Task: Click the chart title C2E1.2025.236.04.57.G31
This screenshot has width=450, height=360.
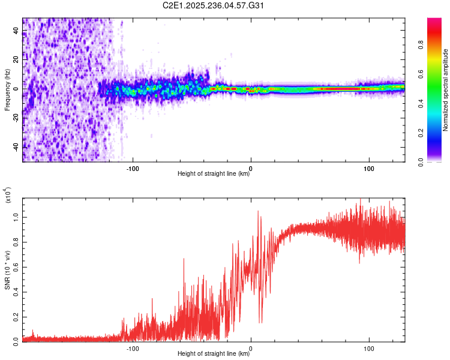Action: pyautogui.click(x=214, y=5)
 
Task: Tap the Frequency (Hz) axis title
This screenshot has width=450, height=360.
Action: pyautogui.click(x=8, y=90)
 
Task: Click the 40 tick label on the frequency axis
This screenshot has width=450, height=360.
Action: pyautogui.click(x=17, y=31)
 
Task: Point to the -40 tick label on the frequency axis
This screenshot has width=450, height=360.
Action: pyautogui.click(x=17, y=146)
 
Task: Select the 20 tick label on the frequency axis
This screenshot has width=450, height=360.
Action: pyautogui.click(x=17, y=59)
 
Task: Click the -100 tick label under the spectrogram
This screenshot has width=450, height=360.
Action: pyautogui.click(x=133, y=167)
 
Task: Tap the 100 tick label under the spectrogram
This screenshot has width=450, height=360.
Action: pyautogui.click(x=369, y=167)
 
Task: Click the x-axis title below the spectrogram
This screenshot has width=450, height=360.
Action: pyautogui.click(x=214, y=174)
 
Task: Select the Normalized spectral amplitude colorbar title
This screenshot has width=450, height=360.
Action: pyautogui.click(x=446, y=90)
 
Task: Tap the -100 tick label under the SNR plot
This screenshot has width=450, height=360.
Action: pyautogui.click(x=133, y=347)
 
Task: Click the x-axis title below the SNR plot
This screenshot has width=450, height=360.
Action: pyautogui.click(x=214, y=354)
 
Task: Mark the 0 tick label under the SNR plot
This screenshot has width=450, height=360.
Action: pyautogui.click(x=251, y=347)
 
